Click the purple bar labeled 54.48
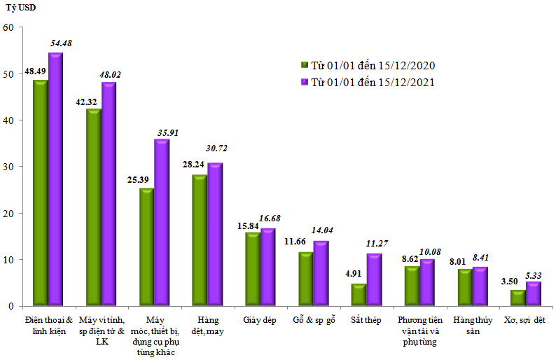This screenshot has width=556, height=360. pyautogui.click(x=56, y=179)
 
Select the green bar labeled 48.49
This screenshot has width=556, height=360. pyautogui.click(x=41, y=193)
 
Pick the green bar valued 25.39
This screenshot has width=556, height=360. pyautogui.click(x=146, y=247)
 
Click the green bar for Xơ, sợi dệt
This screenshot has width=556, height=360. pyautogui.click(x=517, y=298)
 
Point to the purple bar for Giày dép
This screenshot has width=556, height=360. pyautogui.click(x=268, y=267)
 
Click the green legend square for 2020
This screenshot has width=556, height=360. pyautogui.click(x=305, y=65)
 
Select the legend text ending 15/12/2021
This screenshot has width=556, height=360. pyautogui.click(x=373, y=82)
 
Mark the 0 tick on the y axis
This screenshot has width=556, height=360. pyautogui.click(x=11, y=306)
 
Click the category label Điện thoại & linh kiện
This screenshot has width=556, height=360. pyautogui.click(x=48, y=325)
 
